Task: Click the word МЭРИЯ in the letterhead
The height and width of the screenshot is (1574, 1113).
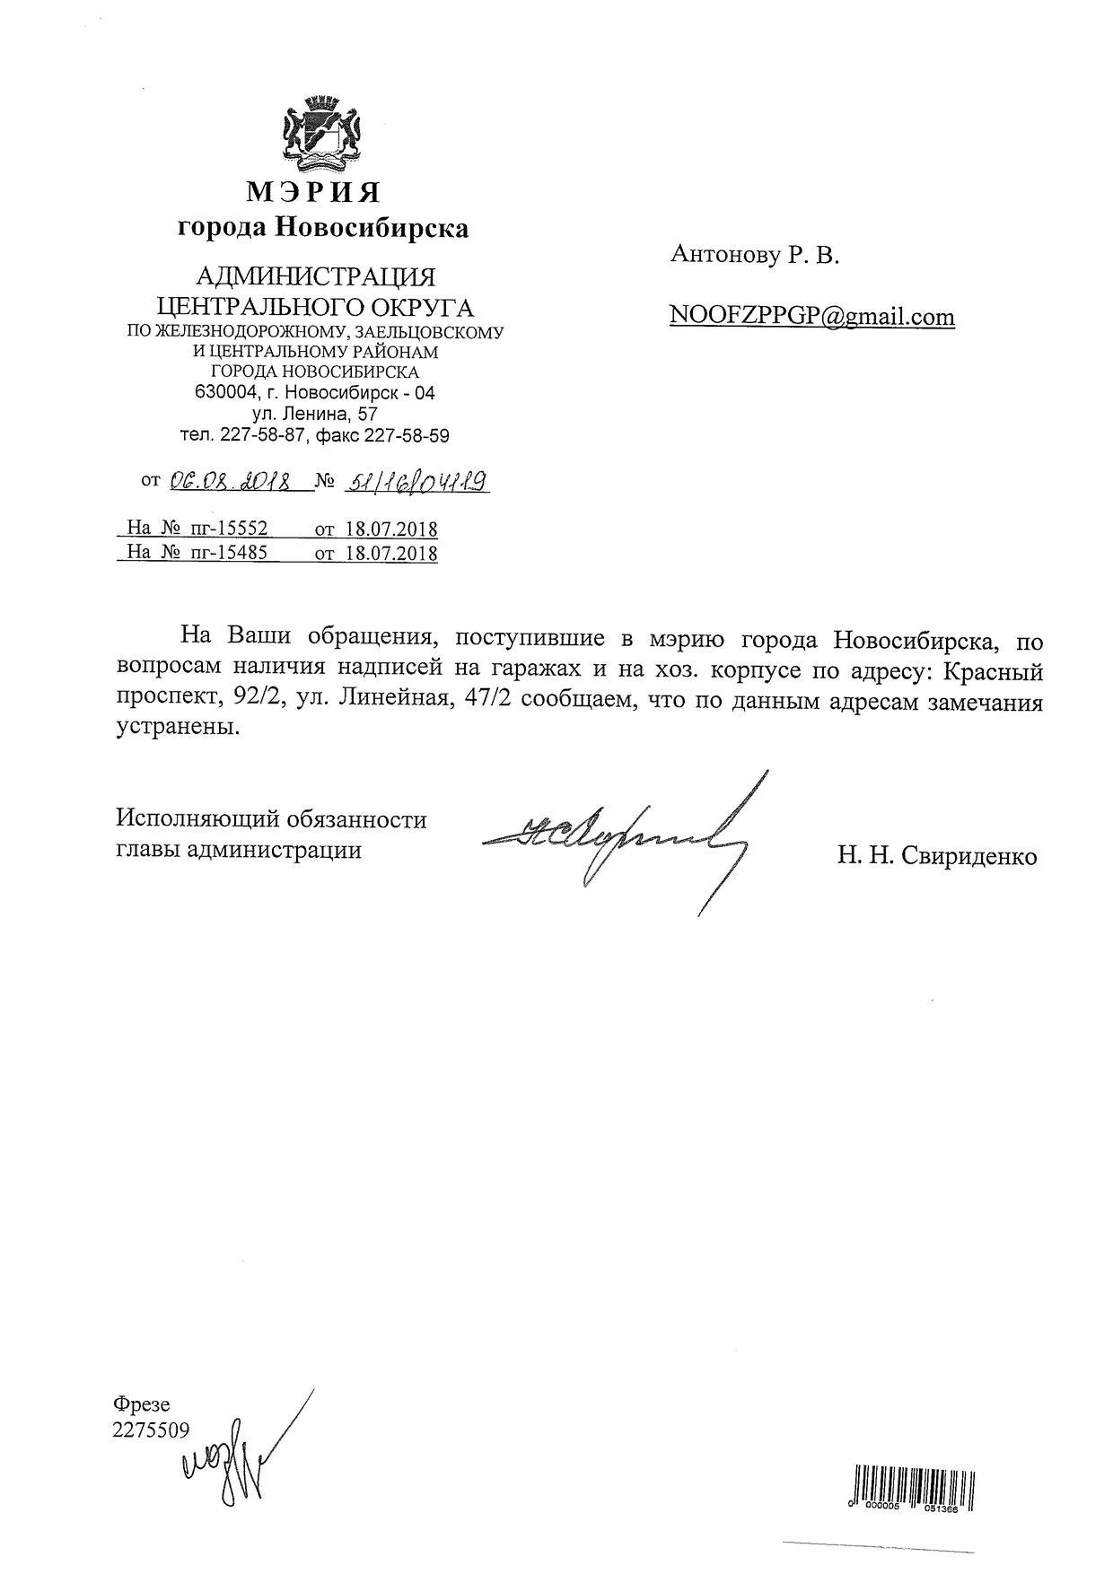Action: (314, 192)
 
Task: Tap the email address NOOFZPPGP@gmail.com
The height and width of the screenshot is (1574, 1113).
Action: (811, 317)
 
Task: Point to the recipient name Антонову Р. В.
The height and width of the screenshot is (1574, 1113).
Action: (754, 257)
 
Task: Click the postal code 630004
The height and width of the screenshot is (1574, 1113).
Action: (222, 393)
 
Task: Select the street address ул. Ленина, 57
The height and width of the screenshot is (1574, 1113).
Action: (314, 415)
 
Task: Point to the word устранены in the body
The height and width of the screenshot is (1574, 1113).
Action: (180, 728)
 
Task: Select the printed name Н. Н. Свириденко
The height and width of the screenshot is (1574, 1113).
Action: (937, 856)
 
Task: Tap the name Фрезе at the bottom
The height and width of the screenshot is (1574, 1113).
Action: (142, 1404)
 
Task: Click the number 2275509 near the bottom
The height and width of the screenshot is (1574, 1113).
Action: (151, 1430)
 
